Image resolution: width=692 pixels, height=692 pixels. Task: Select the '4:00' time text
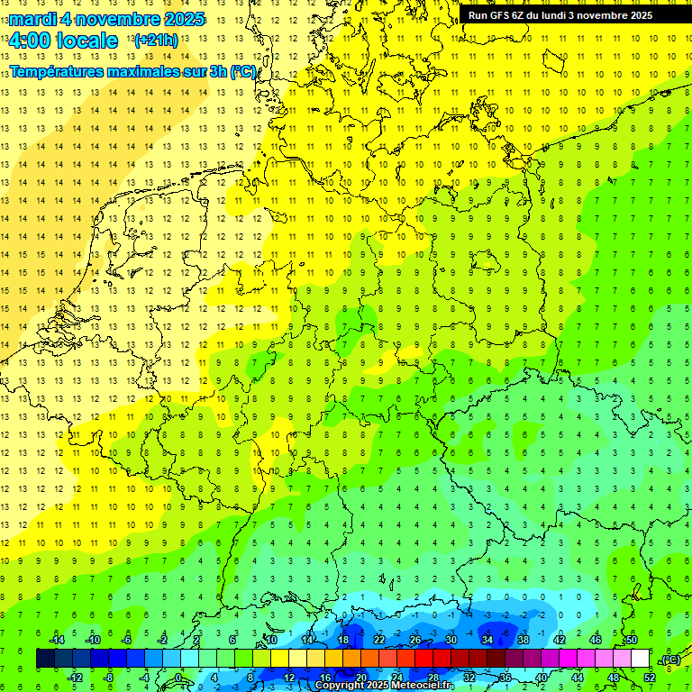[x=29, y=41]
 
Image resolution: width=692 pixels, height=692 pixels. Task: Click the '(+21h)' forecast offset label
[x=156, y=41]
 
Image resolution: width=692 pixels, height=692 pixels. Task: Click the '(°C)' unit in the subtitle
[x=242, y=71]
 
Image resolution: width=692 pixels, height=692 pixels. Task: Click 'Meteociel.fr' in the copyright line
[x=421, y=686]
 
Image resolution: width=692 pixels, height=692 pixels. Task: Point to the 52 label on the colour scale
[x=649, y=677]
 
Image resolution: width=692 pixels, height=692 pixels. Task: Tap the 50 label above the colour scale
[x=631, y=639]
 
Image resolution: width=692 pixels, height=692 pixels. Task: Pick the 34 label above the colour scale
[x=487, y=639]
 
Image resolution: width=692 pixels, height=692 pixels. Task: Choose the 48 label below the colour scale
[x=613, y=677]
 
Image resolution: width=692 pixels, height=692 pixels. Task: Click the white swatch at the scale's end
[x=640, y=658]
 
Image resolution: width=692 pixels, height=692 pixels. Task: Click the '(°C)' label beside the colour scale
[x=671, y=660]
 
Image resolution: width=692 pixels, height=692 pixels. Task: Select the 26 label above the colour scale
[x=414, y=639]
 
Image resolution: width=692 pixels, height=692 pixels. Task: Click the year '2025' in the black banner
[x=636, y=15]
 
